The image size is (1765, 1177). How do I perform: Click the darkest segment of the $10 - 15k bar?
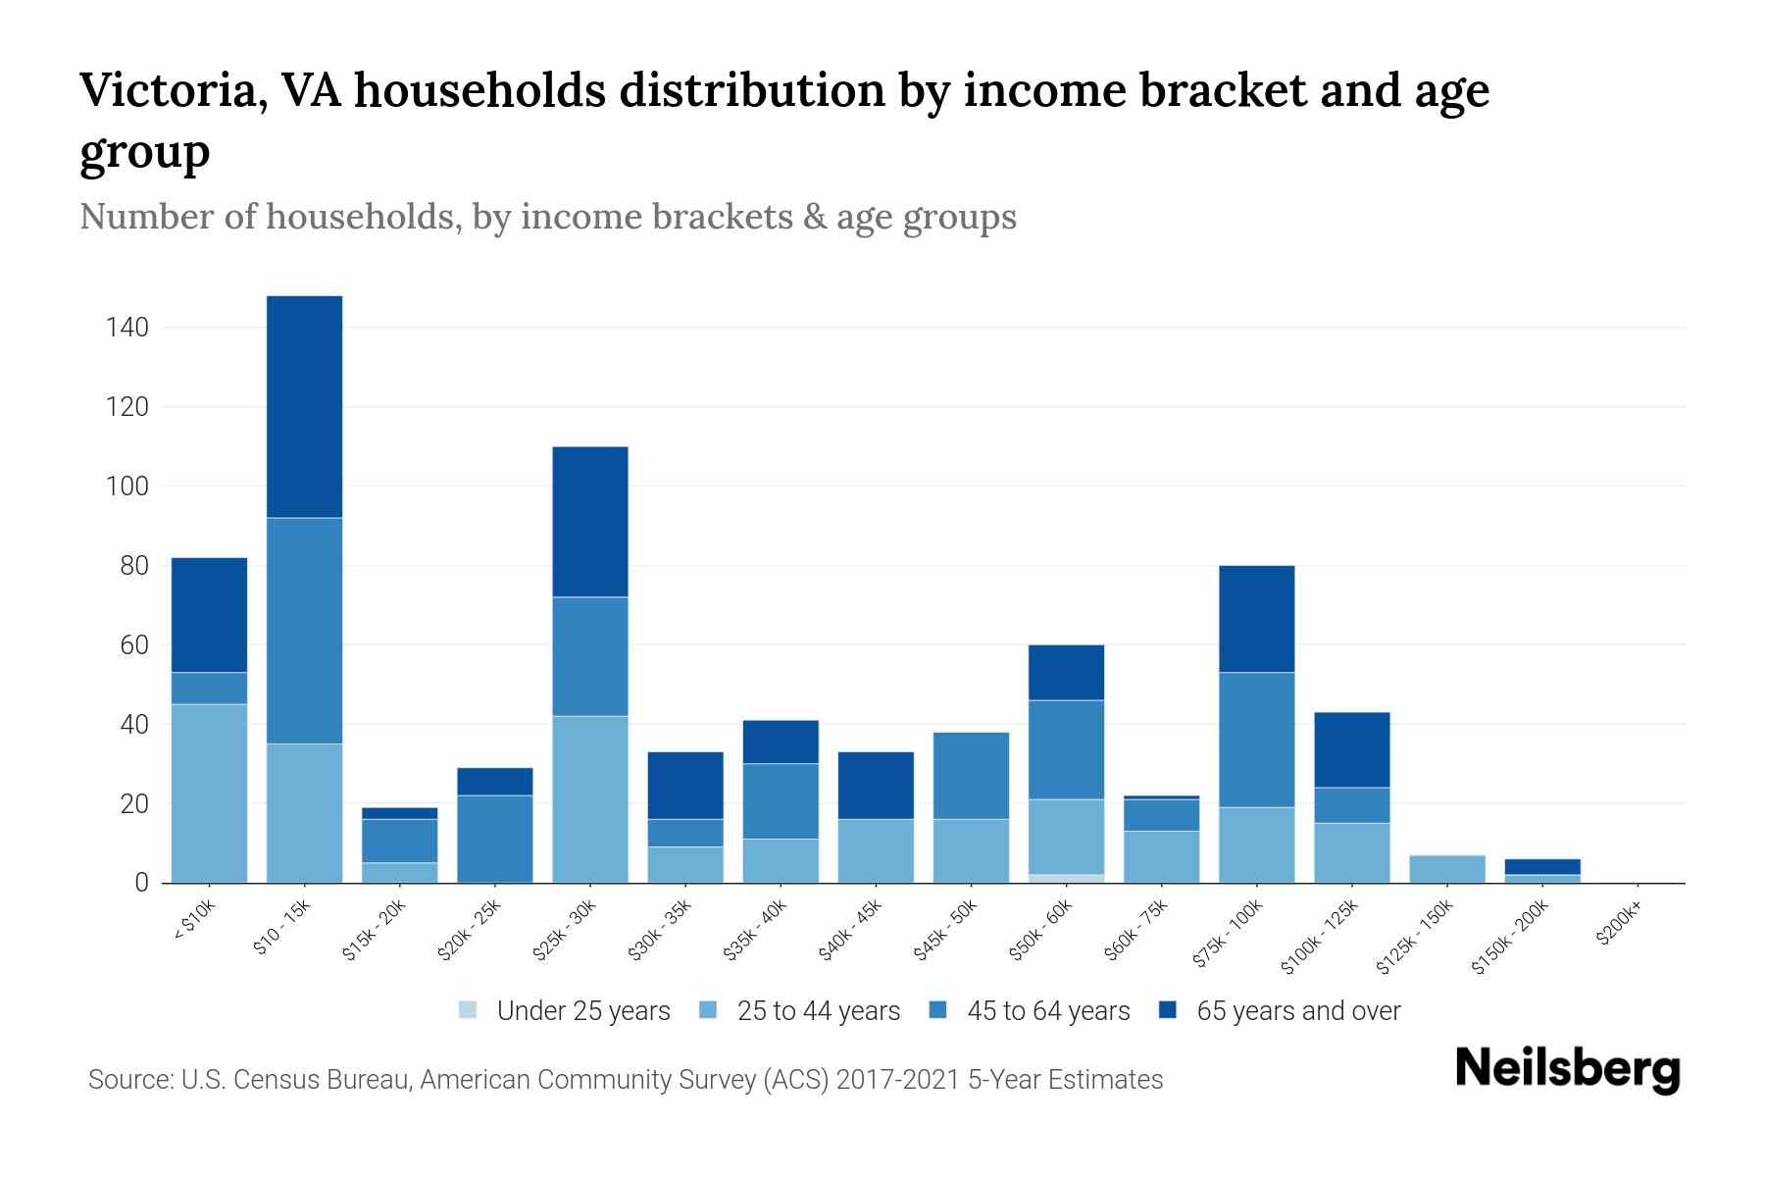tap(304, 406)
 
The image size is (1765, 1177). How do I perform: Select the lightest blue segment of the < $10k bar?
tap(209, 793)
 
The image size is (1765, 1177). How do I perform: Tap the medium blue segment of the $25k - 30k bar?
tap(590, 656)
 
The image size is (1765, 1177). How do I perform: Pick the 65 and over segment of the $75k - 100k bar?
tap(1256, 619)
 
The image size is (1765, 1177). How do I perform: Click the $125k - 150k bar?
tap(1447, 869)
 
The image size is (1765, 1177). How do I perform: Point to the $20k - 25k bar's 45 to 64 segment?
tap(495, 839)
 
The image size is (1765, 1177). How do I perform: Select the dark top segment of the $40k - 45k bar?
tap(876, 786)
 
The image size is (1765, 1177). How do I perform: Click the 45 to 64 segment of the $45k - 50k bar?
tap(971, 776)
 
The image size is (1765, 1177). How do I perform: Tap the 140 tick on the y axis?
tap(127, 328)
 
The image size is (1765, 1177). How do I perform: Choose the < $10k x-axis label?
tap(193, 922)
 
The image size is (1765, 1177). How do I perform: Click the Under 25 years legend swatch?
tap(469, 1010)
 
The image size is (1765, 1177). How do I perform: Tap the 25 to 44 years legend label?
tap(818, 1011)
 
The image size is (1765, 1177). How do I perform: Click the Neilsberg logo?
tap(1567, 1070)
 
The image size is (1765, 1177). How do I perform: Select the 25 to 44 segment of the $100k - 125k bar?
tap(1352, 852)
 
